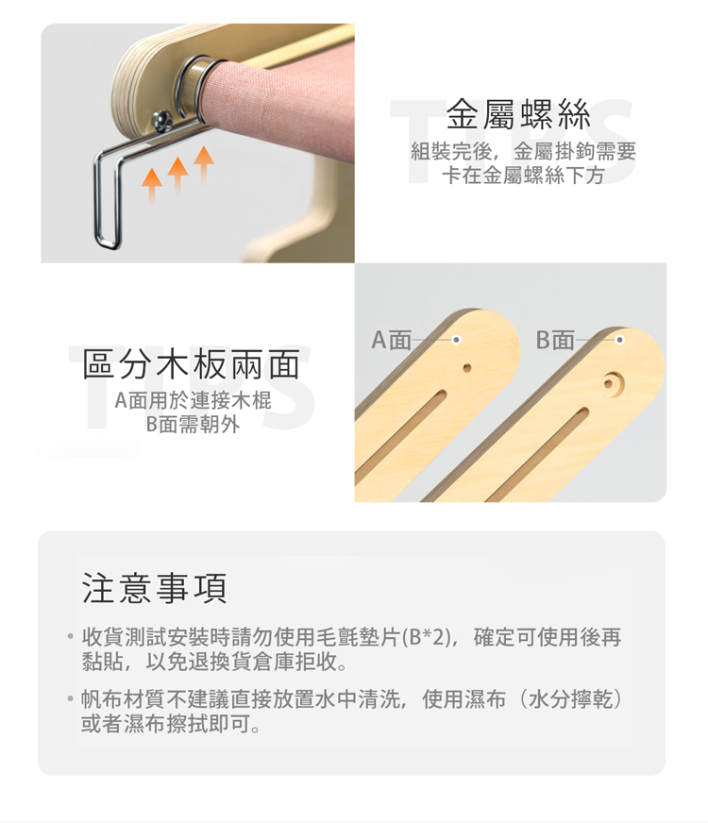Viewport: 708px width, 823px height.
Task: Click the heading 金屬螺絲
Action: [518, 114]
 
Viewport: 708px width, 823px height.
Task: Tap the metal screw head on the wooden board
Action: [162, 120]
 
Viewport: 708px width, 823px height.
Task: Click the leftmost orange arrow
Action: [152, 185]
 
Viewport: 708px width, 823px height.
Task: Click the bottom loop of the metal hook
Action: [108, 243]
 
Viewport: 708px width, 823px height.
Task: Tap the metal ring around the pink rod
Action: [195, 87]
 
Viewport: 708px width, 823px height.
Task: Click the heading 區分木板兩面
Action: [192, 364]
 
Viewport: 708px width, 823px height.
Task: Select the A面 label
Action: [392, 340]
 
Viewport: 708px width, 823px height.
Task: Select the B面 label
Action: [555, 340]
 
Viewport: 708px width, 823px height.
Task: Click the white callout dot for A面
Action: [456, 340]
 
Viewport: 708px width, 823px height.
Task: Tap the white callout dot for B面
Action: [620, 340]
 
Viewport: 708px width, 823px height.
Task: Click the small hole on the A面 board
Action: [467, 368]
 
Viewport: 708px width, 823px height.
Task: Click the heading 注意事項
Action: [155, 588]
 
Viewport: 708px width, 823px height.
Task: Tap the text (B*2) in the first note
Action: [426, 637]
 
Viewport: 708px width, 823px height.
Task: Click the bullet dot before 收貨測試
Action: [70, 637]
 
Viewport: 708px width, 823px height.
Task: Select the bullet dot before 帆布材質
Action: [70, 699]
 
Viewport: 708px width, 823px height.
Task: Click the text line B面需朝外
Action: [193, 424]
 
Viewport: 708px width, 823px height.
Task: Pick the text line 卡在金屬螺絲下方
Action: [523, 176]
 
